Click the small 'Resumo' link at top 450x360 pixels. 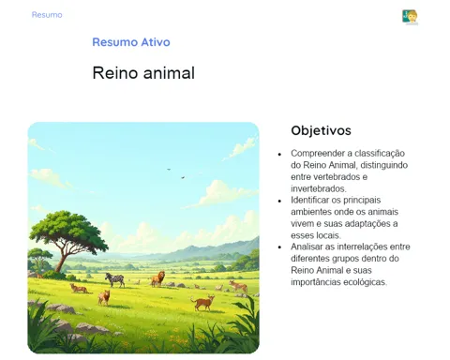(47, 15)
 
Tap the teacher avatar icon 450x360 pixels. (410, 17)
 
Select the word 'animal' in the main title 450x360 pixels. (169, 73)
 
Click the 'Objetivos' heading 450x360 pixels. (321, 130)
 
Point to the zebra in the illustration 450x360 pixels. (115, 279)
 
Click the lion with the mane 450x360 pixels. (158, 278)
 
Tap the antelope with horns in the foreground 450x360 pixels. (203, 303)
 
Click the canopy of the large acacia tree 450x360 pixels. (69, 228)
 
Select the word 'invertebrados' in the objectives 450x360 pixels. (319, 188)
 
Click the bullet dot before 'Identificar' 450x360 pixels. (279, 201)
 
